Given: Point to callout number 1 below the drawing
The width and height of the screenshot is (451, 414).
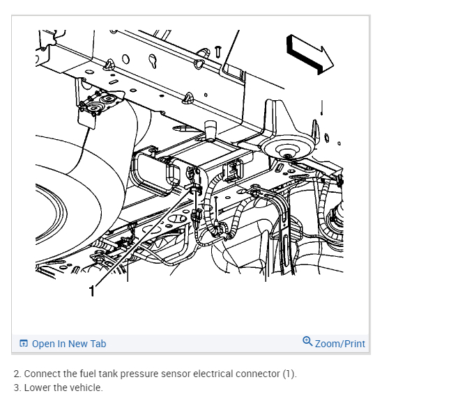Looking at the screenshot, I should coord(91,289).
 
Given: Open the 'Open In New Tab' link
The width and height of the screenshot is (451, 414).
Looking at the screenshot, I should coord(68,344).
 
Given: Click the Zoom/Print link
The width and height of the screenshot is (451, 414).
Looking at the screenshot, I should coord(339,344).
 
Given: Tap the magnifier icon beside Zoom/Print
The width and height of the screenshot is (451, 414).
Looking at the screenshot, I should coord(307,342).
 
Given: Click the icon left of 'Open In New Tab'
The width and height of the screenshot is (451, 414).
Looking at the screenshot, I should coord(24,344).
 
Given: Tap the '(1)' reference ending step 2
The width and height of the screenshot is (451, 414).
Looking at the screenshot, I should coord(289,374).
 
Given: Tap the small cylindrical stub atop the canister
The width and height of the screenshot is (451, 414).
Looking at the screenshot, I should coord(209,129).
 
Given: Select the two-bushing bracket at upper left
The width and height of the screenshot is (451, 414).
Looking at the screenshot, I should coord(100,104).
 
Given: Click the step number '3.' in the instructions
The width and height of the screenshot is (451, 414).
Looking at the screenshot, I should coord(17,388).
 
